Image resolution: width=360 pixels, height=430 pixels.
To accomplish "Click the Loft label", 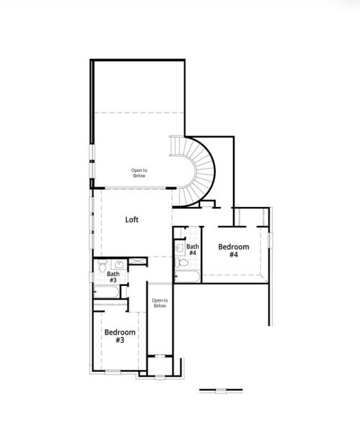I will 132,220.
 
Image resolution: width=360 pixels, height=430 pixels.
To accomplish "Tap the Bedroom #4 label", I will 234,251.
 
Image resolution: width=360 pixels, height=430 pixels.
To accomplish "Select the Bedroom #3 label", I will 119,336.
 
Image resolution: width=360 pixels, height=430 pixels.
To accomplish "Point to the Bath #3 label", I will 113,277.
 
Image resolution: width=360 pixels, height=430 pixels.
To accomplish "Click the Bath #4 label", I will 192,250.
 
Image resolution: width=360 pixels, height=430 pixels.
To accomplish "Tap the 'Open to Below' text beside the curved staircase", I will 139,173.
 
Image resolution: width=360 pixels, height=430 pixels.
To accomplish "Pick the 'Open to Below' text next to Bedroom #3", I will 159,302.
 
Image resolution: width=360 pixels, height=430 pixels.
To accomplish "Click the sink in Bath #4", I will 179,247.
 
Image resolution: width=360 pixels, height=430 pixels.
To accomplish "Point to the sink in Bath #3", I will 115,264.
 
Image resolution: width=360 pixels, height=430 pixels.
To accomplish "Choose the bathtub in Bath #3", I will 108,291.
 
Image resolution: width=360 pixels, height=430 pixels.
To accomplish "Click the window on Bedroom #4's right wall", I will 270,239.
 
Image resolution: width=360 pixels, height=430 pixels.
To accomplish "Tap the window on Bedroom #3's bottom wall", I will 113,372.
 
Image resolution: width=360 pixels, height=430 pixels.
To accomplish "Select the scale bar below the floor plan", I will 220,391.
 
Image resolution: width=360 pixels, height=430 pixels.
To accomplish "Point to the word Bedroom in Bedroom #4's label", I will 234,247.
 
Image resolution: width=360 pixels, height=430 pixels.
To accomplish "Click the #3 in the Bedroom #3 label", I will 119,340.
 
